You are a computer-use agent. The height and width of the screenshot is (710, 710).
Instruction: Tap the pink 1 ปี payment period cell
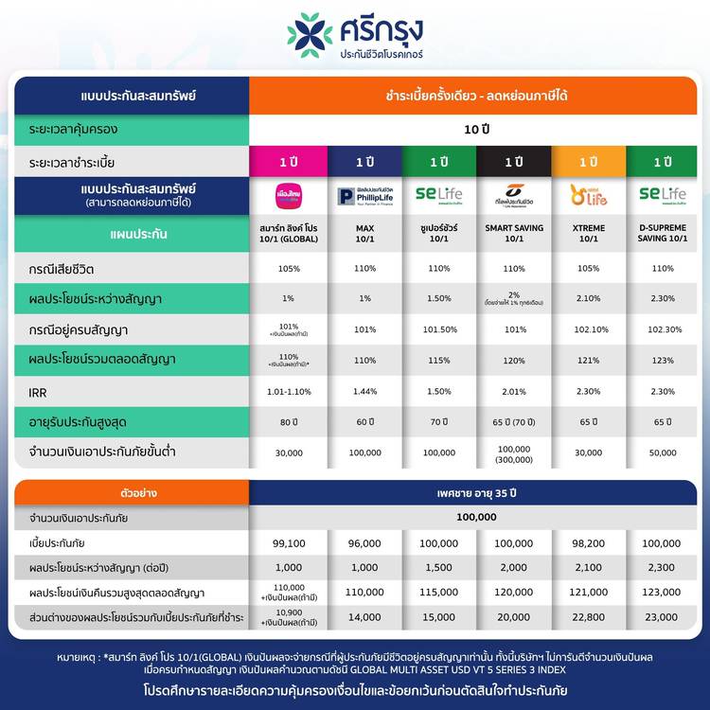[x=289, y=161]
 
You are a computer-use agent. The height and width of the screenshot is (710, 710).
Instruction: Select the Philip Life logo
[x=364, y=195]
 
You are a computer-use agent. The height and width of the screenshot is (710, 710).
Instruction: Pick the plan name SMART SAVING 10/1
[x=513, y=234]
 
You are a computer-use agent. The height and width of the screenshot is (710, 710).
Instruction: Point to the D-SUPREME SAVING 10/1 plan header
[x=662, y=234]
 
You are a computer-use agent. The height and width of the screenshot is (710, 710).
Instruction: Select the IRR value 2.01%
[x=513, y=389]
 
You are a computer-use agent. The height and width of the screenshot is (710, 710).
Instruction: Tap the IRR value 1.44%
[x=364, y=389]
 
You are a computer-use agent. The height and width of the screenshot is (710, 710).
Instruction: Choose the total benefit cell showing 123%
[x=662, y=360]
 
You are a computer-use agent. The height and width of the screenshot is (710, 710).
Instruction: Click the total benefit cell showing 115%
[x=439, y=360]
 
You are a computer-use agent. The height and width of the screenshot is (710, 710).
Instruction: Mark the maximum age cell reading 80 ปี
[x=289, y=421]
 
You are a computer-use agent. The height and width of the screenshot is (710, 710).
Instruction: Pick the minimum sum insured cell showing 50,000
[x=662, y=453]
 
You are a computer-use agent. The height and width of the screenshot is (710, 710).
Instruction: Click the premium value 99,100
[x=289, y=542]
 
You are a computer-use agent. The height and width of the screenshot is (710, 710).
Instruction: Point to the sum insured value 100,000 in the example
[x=474, y=517]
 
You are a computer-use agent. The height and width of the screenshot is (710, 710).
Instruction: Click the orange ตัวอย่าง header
[x=131, y=492]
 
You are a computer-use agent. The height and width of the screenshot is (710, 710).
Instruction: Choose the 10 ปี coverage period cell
[x=474, y=128]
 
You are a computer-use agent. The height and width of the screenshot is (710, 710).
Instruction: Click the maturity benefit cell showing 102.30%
[x=662, y=329]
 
